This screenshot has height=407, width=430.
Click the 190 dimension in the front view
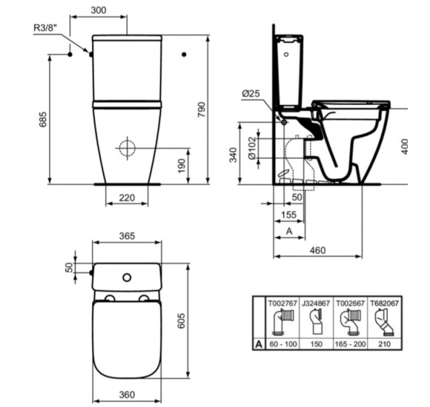coord(182,164)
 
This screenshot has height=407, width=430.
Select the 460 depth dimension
coord(317,250)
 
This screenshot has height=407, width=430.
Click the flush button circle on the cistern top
coord(127,277)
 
